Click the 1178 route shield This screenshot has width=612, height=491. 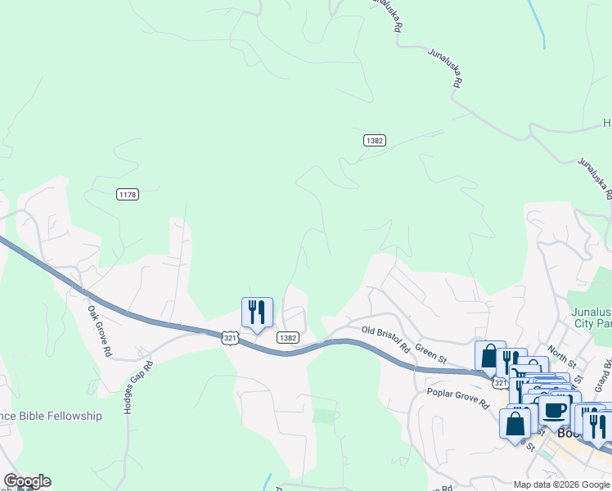pyautogui.click(x=128, y=194)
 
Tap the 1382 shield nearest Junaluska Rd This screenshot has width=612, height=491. pyautogui.click(x=374, y=141)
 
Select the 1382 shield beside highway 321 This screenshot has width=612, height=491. pyautogui.click(x=287, y=337)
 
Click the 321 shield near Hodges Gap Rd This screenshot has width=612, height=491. pyautogui.click(x=229, y=336)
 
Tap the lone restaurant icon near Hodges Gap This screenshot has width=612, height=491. pyautogui.click(x=257, y=312)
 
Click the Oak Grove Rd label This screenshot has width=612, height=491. pyautogui.click(x=100, y=331)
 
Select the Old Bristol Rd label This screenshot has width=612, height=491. pyautogui.click(x=385, y=337)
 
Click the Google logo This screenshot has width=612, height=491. pyautogui.click(x=27, y=481)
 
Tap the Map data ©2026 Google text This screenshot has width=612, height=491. pyautogui.click(x=560, y=484)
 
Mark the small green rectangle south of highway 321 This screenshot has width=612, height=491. pyautogui.click(x=325, y=416)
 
